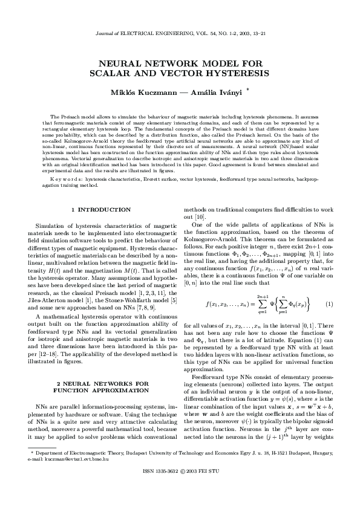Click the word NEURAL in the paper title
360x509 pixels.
117,62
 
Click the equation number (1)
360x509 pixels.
330,302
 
